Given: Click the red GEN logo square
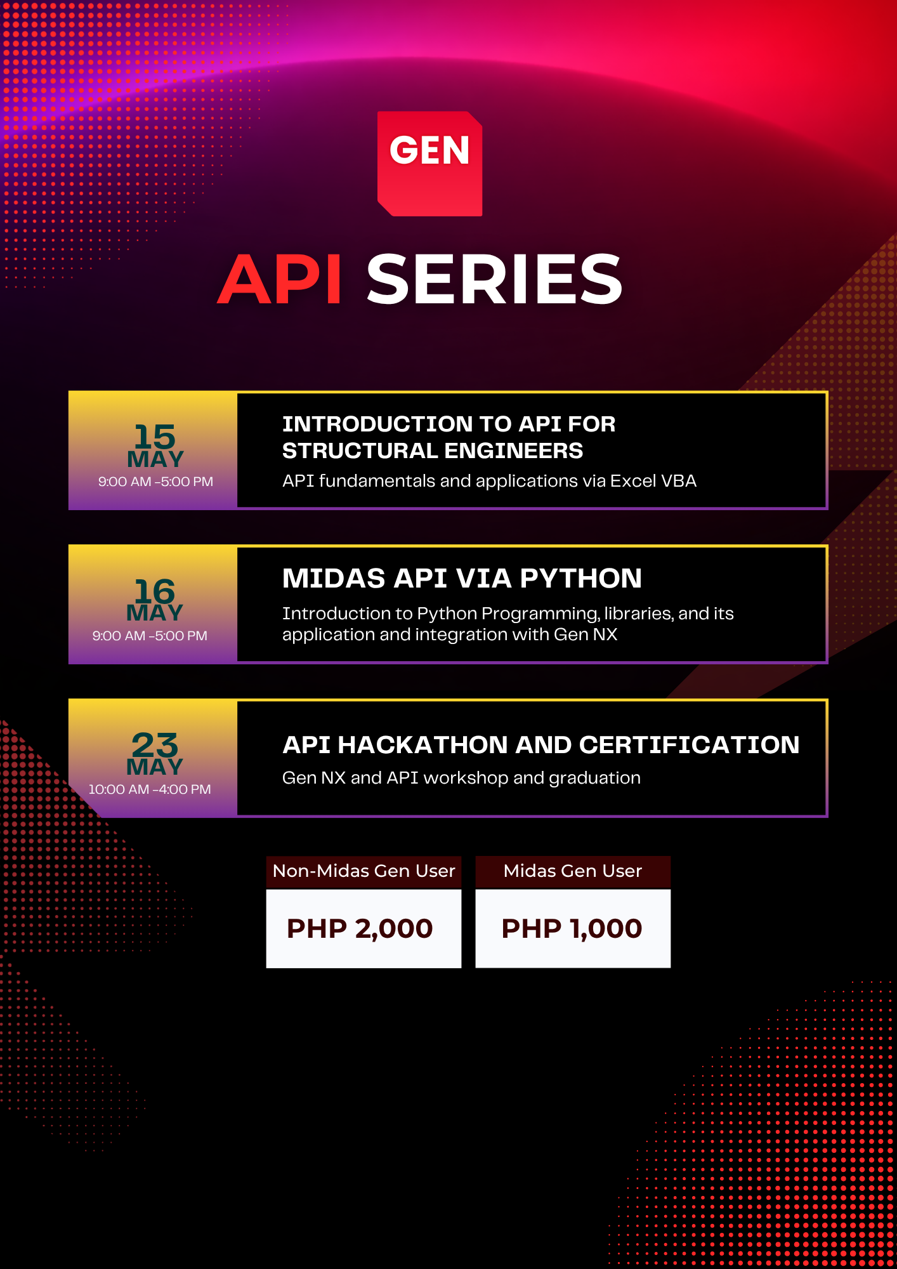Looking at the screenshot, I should coord(429,164).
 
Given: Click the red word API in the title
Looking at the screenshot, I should coord(280,280).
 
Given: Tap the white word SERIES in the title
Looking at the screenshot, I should coord(494,280).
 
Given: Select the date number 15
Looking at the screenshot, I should coord(155,437).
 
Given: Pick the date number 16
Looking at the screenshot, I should coord(155,591).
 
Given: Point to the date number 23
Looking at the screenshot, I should coord(155,745).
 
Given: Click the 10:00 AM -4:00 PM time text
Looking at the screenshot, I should coord(150,789).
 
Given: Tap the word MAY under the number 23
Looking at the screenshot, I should coord(155,767).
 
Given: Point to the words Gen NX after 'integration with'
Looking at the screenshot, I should coord(585,634).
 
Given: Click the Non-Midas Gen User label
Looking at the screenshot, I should coord(363,871).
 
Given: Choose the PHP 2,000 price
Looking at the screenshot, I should coord(360,928).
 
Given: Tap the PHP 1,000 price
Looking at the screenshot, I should coord(572,928).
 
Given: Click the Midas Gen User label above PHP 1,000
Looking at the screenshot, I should coord(572,871).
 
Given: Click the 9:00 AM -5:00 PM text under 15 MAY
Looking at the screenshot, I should coord(155,482).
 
